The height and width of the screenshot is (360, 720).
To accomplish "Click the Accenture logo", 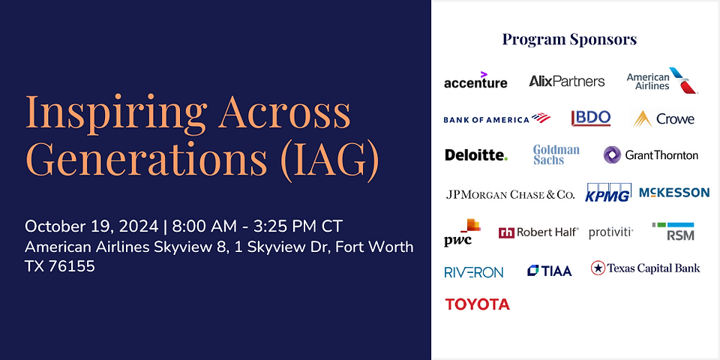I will (475, 81).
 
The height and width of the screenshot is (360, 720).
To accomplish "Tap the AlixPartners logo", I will (566, 81).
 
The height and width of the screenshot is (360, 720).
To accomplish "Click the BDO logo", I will (591, 118).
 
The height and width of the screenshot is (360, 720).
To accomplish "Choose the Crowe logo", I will (663, 118).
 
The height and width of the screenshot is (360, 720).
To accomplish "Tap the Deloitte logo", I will (475, 155).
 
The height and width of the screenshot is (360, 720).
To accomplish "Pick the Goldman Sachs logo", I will (556, 154).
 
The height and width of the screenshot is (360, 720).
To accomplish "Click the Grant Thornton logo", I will (650, 155).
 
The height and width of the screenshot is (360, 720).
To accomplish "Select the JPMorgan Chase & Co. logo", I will (510, 194).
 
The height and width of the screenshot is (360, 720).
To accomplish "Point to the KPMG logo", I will (608, 193).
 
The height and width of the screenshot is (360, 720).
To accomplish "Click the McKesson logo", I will (673, 193).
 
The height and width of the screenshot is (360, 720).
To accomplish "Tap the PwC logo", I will (460, 232).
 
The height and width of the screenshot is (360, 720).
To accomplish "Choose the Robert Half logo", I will (538, 232).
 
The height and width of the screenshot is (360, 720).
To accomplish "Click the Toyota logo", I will (477, 304).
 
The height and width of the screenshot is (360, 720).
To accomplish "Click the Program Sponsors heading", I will (569, 39).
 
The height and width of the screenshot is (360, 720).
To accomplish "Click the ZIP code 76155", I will (71, 265).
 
